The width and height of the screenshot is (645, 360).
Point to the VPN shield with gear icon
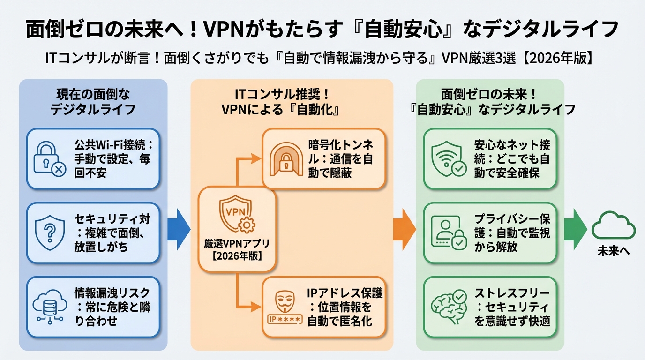(x=237, y=215)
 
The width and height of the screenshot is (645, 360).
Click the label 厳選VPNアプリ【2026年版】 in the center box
(x=237, y=250)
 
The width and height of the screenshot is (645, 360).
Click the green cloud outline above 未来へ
(x=613, y=225)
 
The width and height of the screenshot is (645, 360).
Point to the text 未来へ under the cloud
(x=613, y=251)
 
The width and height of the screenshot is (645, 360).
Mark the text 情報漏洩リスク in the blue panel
(x=112, y=293)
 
